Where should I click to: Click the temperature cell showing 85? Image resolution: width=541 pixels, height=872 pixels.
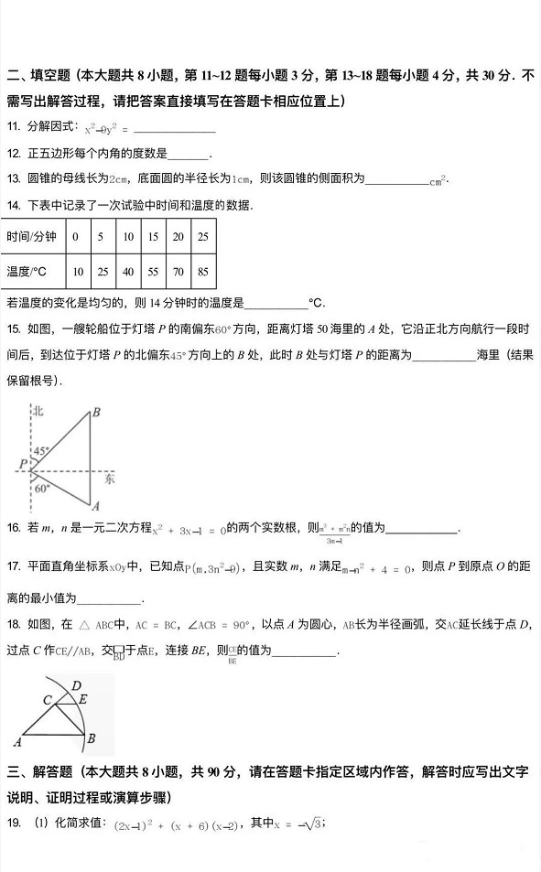(202, 272)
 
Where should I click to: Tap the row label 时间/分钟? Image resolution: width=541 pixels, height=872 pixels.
(31, 237)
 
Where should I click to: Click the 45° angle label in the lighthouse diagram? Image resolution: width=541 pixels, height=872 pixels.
(42, 452)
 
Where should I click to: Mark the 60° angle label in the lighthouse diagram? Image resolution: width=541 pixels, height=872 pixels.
(42, 489)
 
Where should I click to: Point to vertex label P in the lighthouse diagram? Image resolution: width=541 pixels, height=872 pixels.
(21, 465)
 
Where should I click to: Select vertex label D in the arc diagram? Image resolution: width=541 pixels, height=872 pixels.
(77, 685)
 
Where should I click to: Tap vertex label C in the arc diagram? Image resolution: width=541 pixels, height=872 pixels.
(46, 699)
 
